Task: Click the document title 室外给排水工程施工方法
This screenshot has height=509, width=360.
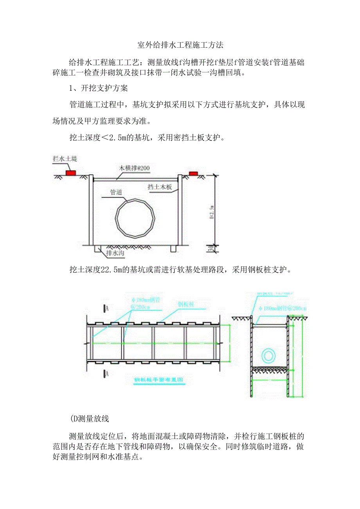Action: [180, 45]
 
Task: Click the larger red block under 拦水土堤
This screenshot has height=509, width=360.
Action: [71, 173]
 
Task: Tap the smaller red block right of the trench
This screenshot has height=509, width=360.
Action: [193, 173]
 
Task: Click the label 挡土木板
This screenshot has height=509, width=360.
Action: [160, 187]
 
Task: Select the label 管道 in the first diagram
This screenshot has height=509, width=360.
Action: [117, 192]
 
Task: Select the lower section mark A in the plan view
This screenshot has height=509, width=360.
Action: [106, 374]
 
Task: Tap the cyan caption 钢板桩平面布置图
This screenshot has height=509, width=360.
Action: [159, 380]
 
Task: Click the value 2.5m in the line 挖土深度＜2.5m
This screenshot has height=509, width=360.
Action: [119, 138]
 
